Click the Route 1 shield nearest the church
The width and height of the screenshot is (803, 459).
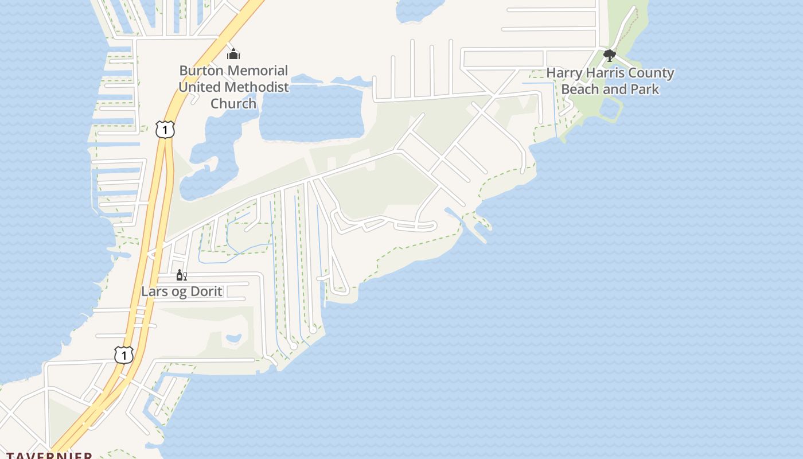(165, 130)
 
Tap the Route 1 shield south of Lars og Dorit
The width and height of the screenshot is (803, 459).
(123, 355)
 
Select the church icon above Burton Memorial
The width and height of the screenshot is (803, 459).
(233, 55)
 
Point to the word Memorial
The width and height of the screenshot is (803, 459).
(258, 71)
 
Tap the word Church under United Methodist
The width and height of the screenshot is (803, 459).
(233, 104)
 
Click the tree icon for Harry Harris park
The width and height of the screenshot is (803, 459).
(610, 56)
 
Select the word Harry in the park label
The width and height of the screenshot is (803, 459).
(564, 73)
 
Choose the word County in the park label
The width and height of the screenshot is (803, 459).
(652, 73)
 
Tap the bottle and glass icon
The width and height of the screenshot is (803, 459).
(181, 276)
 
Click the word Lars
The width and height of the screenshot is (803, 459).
(154, 291)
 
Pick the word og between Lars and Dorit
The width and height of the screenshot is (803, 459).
(180, 292)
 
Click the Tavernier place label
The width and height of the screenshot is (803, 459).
(49, 456)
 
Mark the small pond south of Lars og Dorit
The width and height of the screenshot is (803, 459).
(233, 339)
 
